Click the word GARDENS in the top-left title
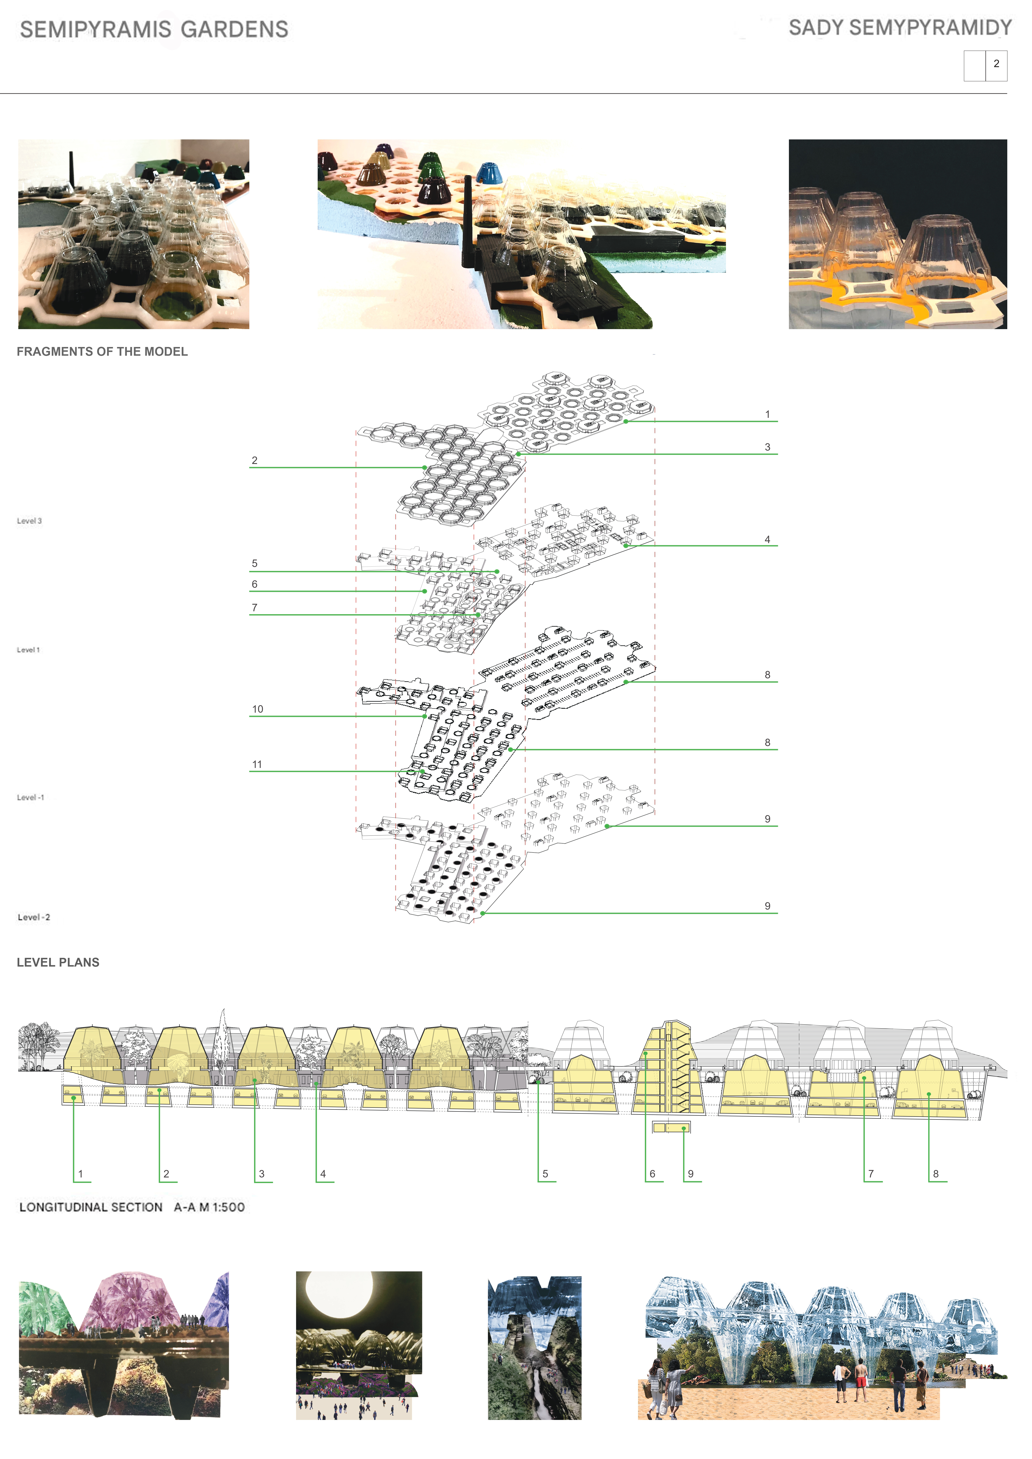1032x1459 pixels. tap(235, 29)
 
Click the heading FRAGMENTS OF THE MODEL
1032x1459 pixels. tap(102, 351)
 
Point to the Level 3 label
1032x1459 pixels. tap(29, 521)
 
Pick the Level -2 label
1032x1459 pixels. tap(34, 917)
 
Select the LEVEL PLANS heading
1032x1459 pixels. tap(58, 962)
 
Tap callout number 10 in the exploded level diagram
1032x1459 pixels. tap(257, 709)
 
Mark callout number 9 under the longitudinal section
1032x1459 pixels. tap(691, 1174)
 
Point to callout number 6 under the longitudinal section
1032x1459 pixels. tap(652, 1174)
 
